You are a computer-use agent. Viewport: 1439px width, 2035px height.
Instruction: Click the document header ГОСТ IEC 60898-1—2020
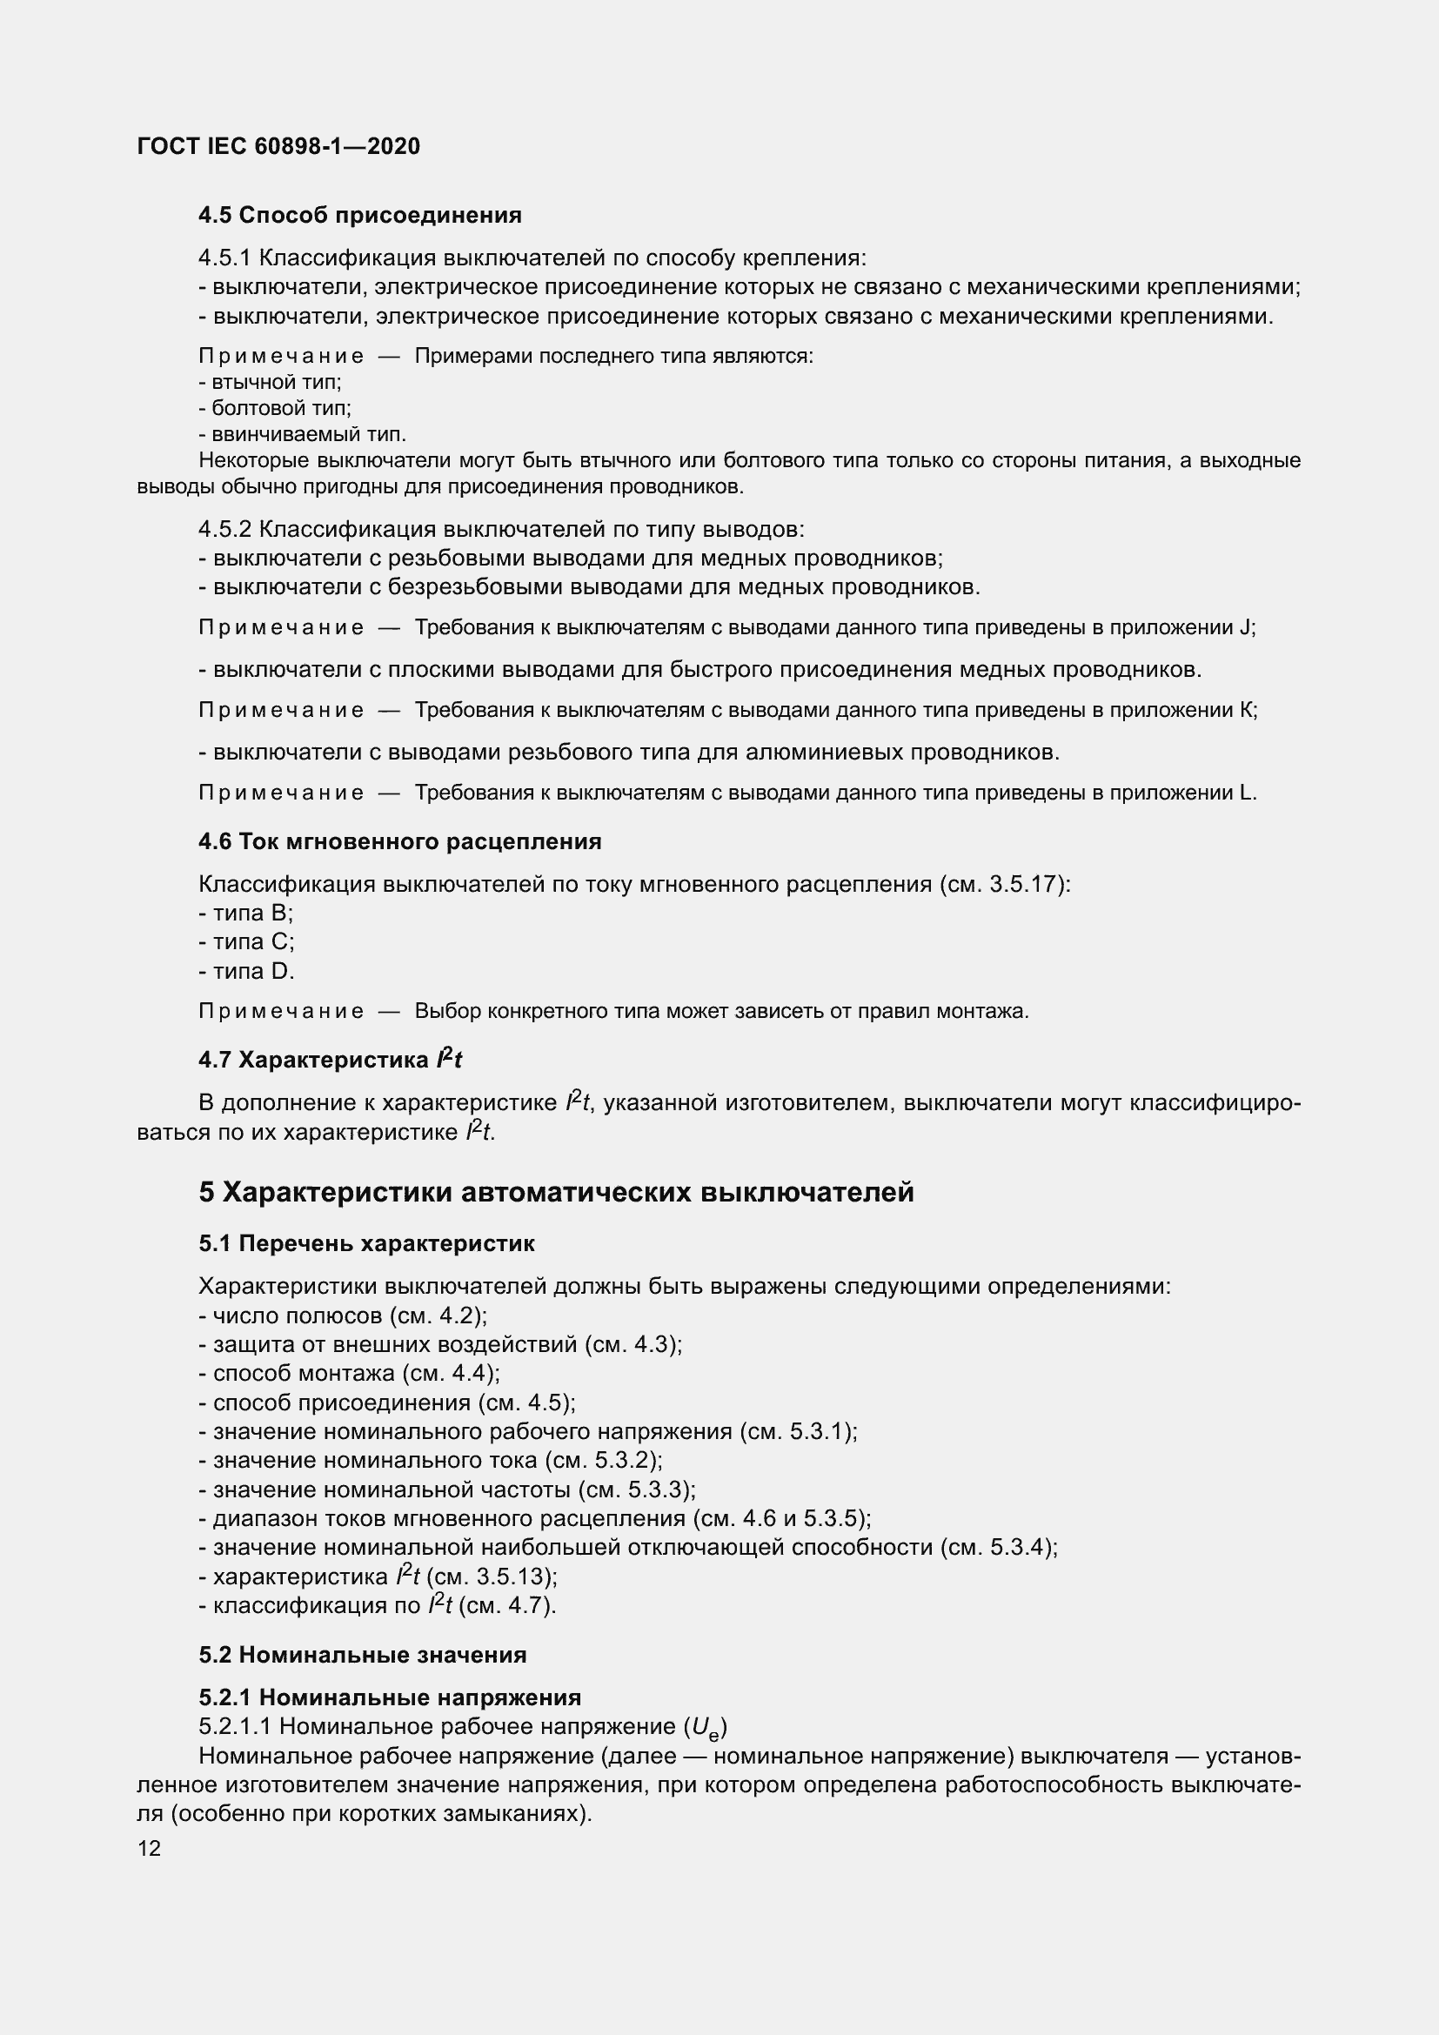pos(278,146)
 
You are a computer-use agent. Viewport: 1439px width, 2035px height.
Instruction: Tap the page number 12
pos(149,1848)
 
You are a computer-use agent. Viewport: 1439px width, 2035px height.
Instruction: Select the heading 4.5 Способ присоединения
pos(360,216)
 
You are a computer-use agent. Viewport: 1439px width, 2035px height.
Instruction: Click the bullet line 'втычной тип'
pos(271,382)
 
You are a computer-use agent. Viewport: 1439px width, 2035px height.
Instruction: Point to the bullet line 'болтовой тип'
pos(275,409)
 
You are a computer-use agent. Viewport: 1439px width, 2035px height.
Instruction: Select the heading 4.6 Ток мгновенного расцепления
pos(399,841)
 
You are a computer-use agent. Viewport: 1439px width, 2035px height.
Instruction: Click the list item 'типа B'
pos(245,913)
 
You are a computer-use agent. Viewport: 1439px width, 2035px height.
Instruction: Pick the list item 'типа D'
pos(246,972)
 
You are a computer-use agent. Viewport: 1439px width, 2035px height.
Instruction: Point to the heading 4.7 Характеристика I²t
pos(330,1060)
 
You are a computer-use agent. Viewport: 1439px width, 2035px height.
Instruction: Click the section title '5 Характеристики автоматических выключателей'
pos(556,1192)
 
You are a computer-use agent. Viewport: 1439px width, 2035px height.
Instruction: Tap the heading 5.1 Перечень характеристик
pos(366,1243)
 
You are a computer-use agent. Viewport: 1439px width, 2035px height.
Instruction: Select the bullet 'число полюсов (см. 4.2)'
pos(343,1315)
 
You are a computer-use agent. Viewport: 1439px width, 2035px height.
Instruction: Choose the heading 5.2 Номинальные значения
pos(363,1655)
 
